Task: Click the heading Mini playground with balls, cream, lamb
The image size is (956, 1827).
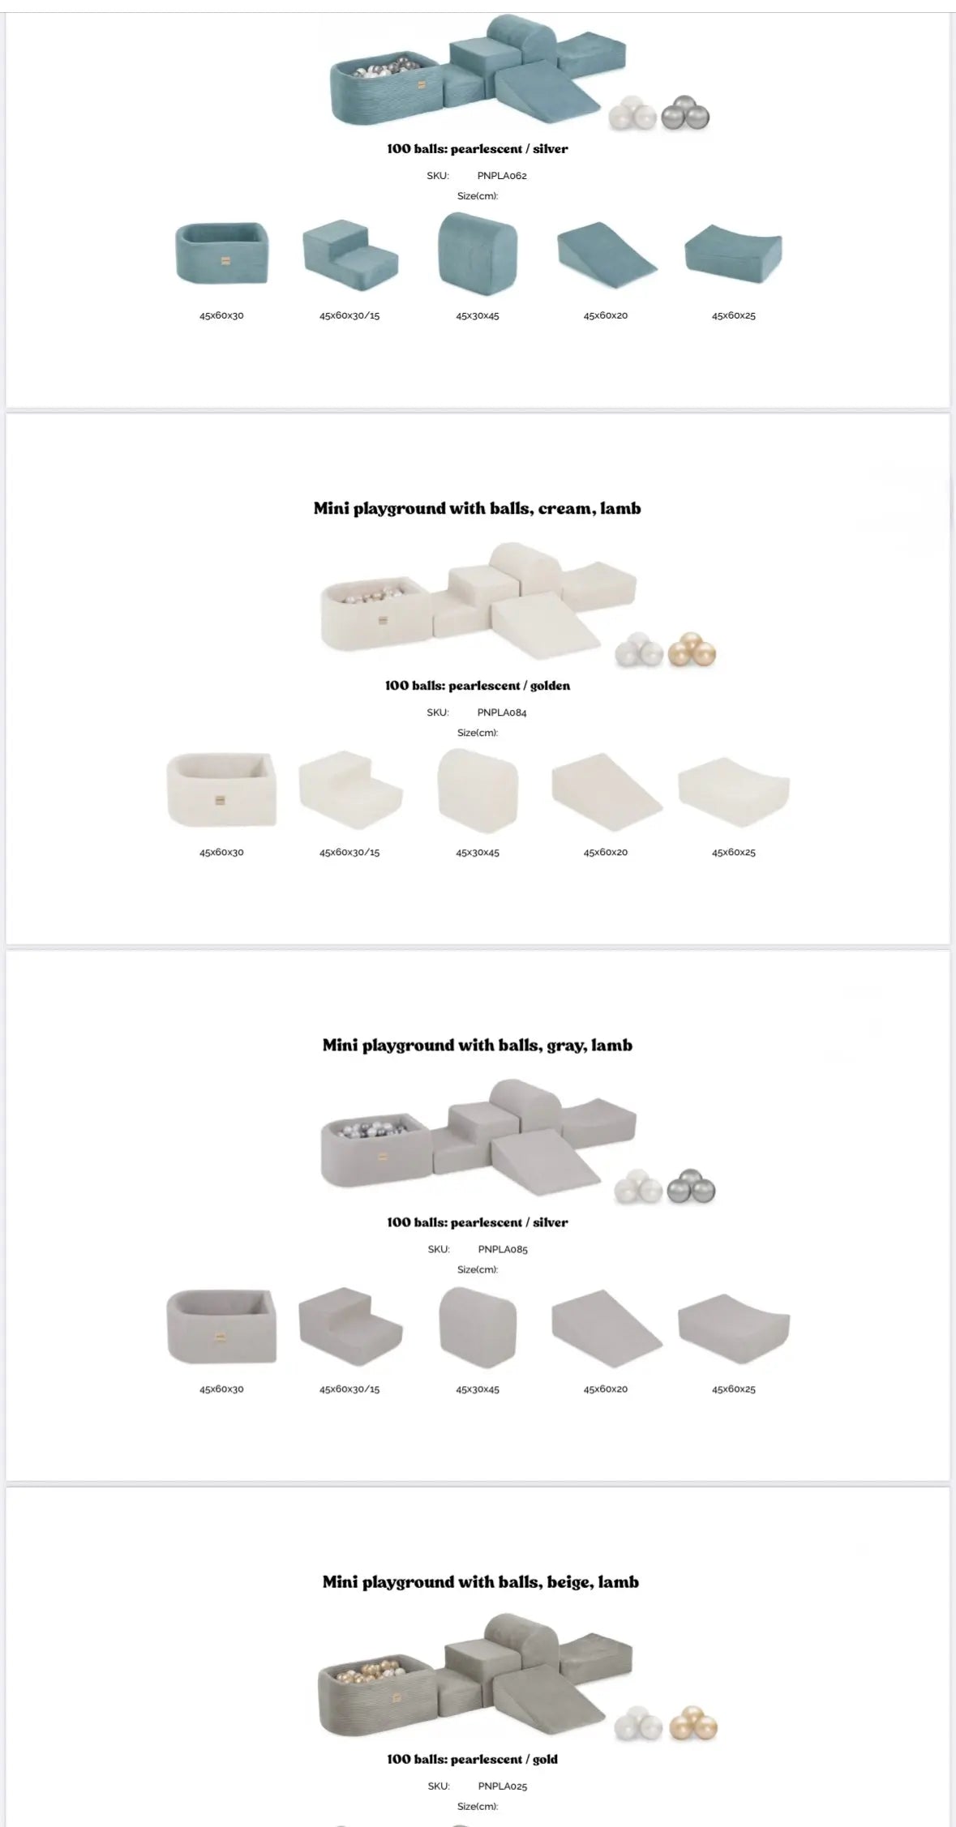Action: pos(477,508)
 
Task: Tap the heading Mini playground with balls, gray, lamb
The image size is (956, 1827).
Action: pos(477,1045)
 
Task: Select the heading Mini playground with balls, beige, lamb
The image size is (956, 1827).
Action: pos(480,1581)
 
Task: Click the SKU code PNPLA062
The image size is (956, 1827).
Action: pos(502,175)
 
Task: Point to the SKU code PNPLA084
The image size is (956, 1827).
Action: pos(502,712)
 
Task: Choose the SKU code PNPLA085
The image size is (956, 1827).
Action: pos(503,1249)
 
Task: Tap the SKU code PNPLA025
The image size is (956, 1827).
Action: pos(503,1786)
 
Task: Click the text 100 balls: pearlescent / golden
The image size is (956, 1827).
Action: pos(478,686)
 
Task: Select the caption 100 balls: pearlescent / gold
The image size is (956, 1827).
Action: pos(472,1759)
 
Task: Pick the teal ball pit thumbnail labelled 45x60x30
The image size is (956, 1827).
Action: pos(221,254)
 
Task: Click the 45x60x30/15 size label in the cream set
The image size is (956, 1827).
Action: pos(349,853)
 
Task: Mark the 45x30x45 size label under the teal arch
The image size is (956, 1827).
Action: pos(478,315)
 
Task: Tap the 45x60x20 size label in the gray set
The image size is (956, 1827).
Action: pos(606,1389)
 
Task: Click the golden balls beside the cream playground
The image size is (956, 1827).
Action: pos(692,649)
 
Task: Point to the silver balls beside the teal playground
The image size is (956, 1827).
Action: pos(685,113)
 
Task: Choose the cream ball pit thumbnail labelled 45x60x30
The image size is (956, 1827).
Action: pos(221,789)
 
